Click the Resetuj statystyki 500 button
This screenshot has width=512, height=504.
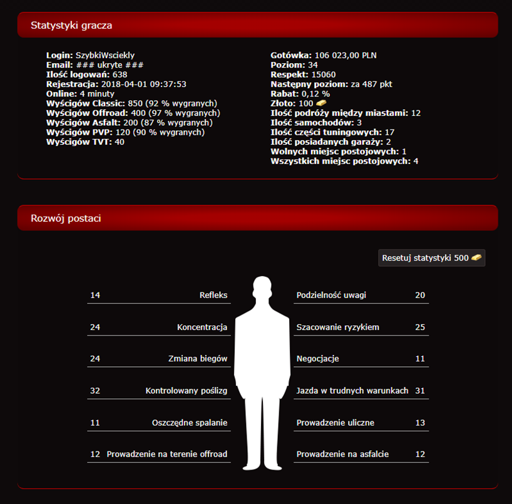click(431, 258)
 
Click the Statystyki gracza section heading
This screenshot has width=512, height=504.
click(71, 25)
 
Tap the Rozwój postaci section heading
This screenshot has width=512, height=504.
click(66, 218)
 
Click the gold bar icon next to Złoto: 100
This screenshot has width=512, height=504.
click(321, 103)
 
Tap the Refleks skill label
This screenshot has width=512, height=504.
click(213, 295)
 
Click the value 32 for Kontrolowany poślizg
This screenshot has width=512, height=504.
click(95, 390)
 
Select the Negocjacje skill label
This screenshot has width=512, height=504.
click(318, 359)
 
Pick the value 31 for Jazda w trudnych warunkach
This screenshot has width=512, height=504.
click(420, 390)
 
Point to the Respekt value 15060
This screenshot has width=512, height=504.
click(324, 75)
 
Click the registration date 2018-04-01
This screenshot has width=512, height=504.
click(123, 84)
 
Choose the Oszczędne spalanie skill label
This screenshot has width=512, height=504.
click(190, 423)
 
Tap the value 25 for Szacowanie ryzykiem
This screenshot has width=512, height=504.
click(420, 327)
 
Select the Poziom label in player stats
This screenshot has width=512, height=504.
click(288, 65)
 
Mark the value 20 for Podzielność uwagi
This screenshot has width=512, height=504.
click(420, 295)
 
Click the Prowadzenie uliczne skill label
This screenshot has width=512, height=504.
click(335, 423)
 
